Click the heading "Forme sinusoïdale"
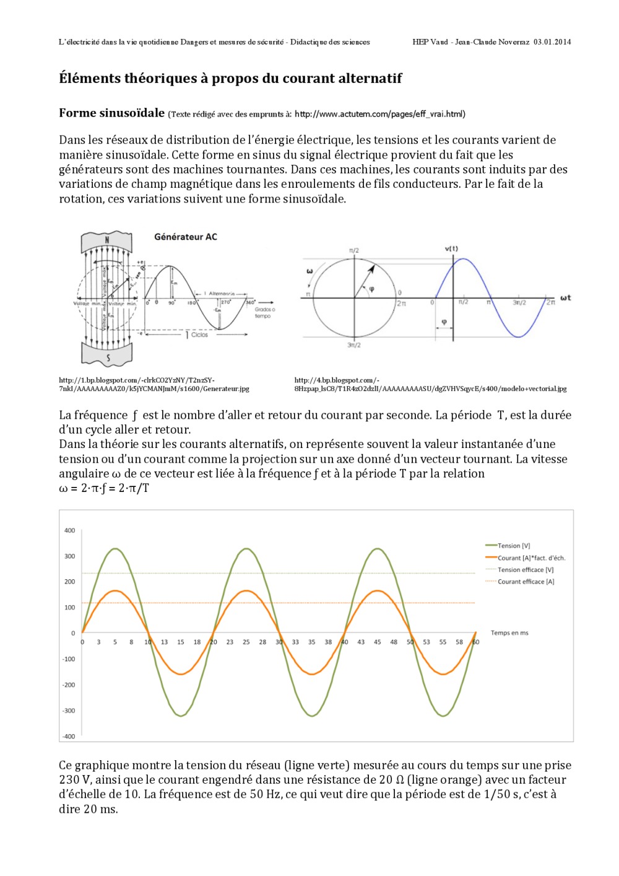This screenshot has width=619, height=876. click(x=111, y=113)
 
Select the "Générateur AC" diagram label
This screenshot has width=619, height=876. click(x=186, y=237)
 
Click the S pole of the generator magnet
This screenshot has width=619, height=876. click(x=108, y=357)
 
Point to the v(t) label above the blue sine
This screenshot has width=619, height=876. click(x=451, y=248)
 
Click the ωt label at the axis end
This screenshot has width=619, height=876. click(x=565, y=298)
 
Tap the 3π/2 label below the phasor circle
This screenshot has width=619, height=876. click(x=353, y=345)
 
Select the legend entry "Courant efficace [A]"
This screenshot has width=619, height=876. click(x=526, y=582)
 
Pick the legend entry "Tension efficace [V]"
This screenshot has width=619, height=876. click(x=526, y=570)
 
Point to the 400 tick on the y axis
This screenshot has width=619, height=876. click(x=69, y=530)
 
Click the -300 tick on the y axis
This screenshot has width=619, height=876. click(x=69, y=711)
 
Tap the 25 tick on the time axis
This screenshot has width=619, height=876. click(x=246, y=642)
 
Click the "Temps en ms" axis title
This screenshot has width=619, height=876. click(x=509, y=633)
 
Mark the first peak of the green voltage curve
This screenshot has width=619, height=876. click(x=115, y=549)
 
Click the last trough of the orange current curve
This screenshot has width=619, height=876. click(x=443, y=674)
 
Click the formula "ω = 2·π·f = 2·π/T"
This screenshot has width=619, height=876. click(x=104, y=488)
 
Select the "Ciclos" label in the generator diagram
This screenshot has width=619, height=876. click(x=199, y=335)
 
